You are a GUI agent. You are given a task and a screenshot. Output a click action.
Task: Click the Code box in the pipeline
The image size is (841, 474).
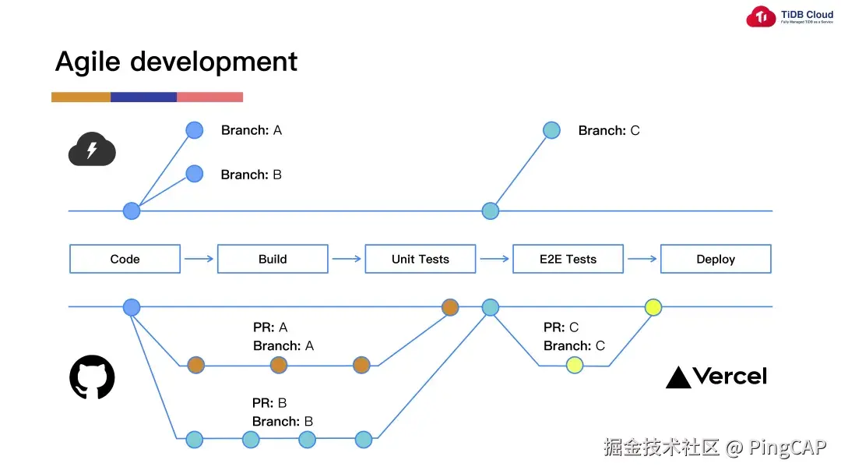pos(125,259)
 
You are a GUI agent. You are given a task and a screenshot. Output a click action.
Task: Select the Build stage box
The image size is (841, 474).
pos(273,259)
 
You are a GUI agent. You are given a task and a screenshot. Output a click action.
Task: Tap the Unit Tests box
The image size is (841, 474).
pos(420,259)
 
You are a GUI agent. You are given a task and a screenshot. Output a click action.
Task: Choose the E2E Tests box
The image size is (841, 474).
pos(568,259)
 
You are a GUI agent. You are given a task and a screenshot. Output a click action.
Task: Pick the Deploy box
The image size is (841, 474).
pos(716,259)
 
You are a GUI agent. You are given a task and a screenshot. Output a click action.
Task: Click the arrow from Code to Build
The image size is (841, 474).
pos(199,259)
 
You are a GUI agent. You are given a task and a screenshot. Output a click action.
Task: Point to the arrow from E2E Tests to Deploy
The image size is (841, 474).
pos(642,259)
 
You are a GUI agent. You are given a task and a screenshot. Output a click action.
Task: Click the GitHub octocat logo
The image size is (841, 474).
pos(92,377)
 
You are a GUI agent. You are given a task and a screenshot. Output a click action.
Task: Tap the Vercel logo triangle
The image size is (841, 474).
pos(678,378)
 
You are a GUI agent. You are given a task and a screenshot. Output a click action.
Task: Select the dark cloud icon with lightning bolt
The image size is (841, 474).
pos(92,149)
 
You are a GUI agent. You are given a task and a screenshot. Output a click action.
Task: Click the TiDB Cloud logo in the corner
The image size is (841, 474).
pos(762,17)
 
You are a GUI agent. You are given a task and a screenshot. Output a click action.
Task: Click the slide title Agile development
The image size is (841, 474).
pos(176,62)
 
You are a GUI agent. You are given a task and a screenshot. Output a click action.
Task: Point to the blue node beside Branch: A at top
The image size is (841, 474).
pos(194,130)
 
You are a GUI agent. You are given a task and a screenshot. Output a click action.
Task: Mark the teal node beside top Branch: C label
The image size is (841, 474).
pos(551,130)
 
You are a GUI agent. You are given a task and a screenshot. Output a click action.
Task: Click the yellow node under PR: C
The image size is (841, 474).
pos(575,365)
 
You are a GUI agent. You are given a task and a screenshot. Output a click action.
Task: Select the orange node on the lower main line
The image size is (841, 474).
pos(450,307)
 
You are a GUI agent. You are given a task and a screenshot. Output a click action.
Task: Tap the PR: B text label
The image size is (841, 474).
pos(269,403)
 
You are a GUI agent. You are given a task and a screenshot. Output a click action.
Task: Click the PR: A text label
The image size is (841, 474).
pos(270,327)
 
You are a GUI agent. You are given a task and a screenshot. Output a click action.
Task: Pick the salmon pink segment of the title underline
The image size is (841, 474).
pos(209,97)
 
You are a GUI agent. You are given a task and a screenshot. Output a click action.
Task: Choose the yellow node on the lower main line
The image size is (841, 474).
pos(653,307)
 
